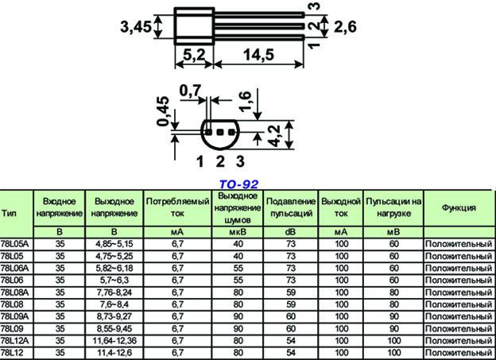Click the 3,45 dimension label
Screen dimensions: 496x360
(x=136, y=26)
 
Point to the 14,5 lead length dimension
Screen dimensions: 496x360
(x=258, y=55)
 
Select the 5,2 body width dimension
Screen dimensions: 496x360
(x=194, y=55)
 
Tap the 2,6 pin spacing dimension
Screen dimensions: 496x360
(x=345, y=27)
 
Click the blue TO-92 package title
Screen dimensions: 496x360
(x=238, y=184)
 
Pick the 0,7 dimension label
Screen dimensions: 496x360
(x=190, y=91)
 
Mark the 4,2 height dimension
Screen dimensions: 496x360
(x=274, y=136)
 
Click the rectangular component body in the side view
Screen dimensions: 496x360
(x=194, y=26)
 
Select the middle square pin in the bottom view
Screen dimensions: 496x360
(x=220, y=132)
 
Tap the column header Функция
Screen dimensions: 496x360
(x=459, y=207)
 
